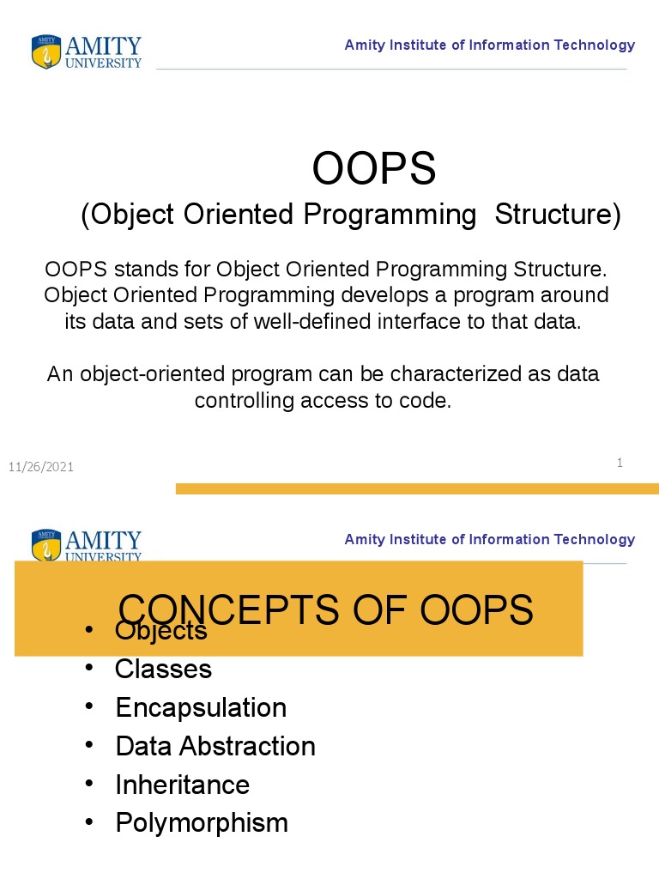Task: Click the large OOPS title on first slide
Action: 374,168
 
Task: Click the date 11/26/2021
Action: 41,467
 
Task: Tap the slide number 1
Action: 619,463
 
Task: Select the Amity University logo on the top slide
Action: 86,52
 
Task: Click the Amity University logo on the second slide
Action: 86,545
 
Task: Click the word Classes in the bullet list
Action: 163,669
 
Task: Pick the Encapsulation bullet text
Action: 201,707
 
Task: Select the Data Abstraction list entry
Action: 215,746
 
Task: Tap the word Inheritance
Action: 182,785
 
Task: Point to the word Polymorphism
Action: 202,823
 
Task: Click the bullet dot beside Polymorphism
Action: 89,822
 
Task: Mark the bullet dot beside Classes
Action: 89,668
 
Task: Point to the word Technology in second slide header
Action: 595,539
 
